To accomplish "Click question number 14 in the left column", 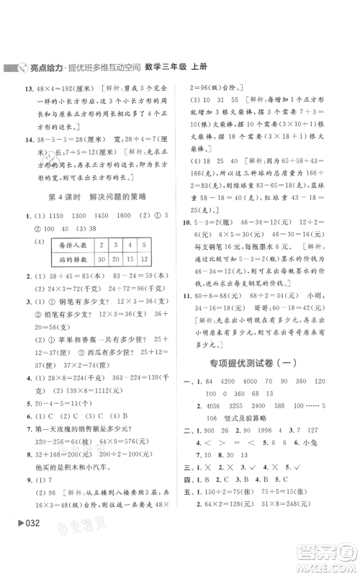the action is tap(21, 139).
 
